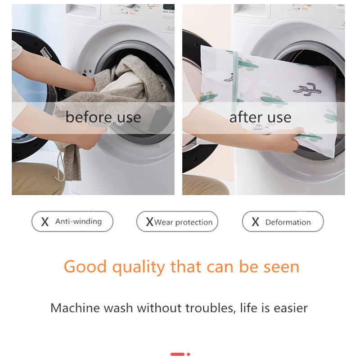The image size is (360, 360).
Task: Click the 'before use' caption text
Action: click(103, 117)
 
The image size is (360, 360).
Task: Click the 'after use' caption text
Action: click(260, 117)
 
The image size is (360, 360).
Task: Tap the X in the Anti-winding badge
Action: click(45, 222)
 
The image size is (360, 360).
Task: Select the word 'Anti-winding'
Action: click(78, 221)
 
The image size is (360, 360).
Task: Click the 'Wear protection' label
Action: click(183, 222)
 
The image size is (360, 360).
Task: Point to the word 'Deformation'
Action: click(288, 222)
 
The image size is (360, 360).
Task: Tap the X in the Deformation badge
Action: click(255, 222)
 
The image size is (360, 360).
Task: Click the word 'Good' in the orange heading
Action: click(85, 267)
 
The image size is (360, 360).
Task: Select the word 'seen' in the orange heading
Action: click(281, 267)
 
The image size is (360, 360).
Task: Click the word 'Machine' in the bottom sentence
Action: click(75, 308)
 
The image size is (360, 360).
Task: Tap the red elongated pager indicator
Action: click(177, 354)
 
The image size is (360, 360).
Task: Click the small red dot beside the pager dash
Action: click(188, 354)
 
